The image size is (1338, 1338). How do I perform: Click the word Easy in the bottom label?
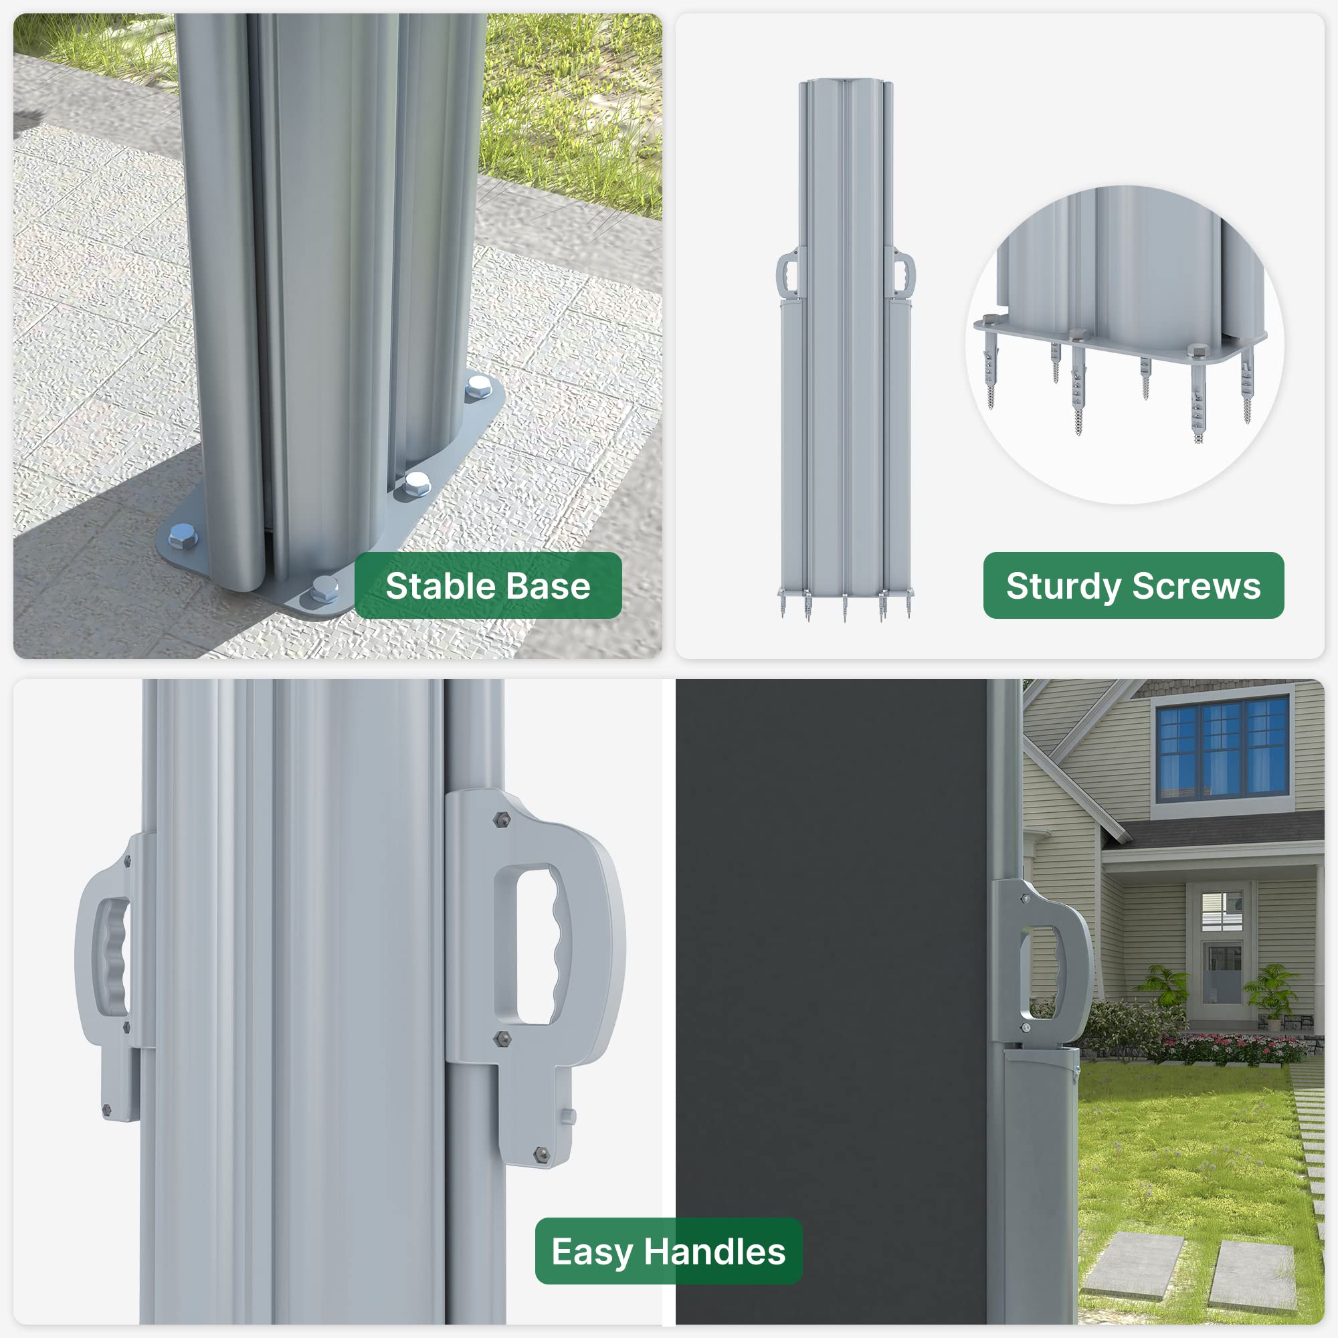(592, 1253)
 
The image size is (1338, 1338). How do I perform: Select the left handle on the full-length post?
(787, 274)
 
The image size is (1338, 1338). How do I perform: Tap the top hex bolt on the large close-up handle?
(500, 821)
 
